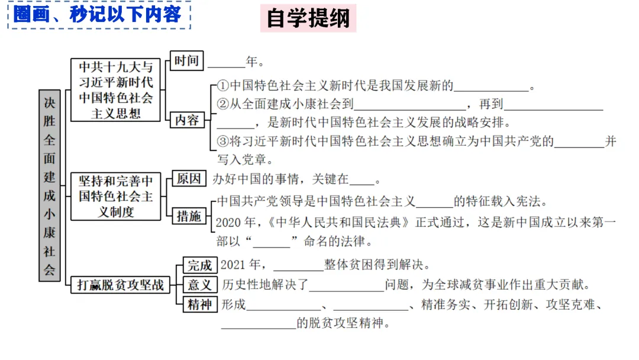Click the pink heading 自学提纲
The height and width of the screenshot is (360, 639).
point(308,18)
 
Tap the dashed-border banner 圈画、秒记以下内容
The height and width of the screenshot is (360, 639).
point(98,15)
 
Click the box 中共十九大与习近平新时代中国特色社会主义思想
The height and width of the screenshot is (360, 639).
point(115,89)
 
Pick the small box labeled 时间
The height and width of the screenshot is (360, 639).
point(186,60)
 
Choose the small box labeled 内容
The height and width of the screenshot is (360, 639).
point(188,120)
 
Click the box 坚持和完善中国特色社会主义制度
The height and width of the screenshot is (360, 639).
point(115,195)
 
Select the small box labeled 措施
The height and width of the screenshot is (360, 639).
point(189,217)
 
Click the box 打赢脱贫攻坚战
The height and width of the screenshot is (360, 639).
point(121,285)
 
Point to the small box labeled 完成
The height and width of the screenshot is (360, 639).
point(199,265)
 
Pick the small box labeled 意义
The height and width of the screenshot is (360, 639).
point(199,285)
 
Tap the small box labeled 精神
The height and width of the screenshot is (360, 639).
point(199,305)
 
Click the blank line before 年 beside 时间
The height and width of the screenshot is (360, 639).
point(227,63)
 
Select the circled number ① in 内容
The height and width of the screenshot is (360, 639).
point(223,86)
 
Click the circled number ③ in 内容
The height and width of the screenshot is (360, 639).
point(223,142)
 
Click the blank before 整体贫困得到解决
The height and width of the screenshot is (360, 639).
point(298,266)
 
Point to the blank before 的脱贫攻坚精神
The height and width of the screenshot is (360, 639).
point(258,324)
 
